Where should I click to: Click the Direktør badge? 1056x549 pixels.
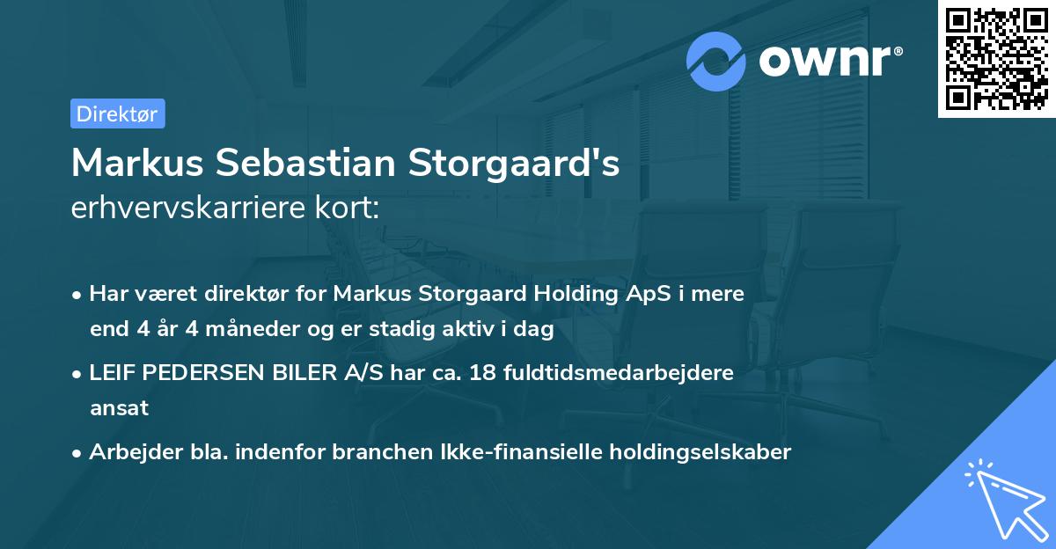(x=117, y=113)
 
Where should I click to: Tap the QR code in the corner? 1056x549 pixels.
(x=997, y=58)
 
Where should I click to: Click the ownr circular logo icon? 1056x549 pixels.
(x=716, y=61)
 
